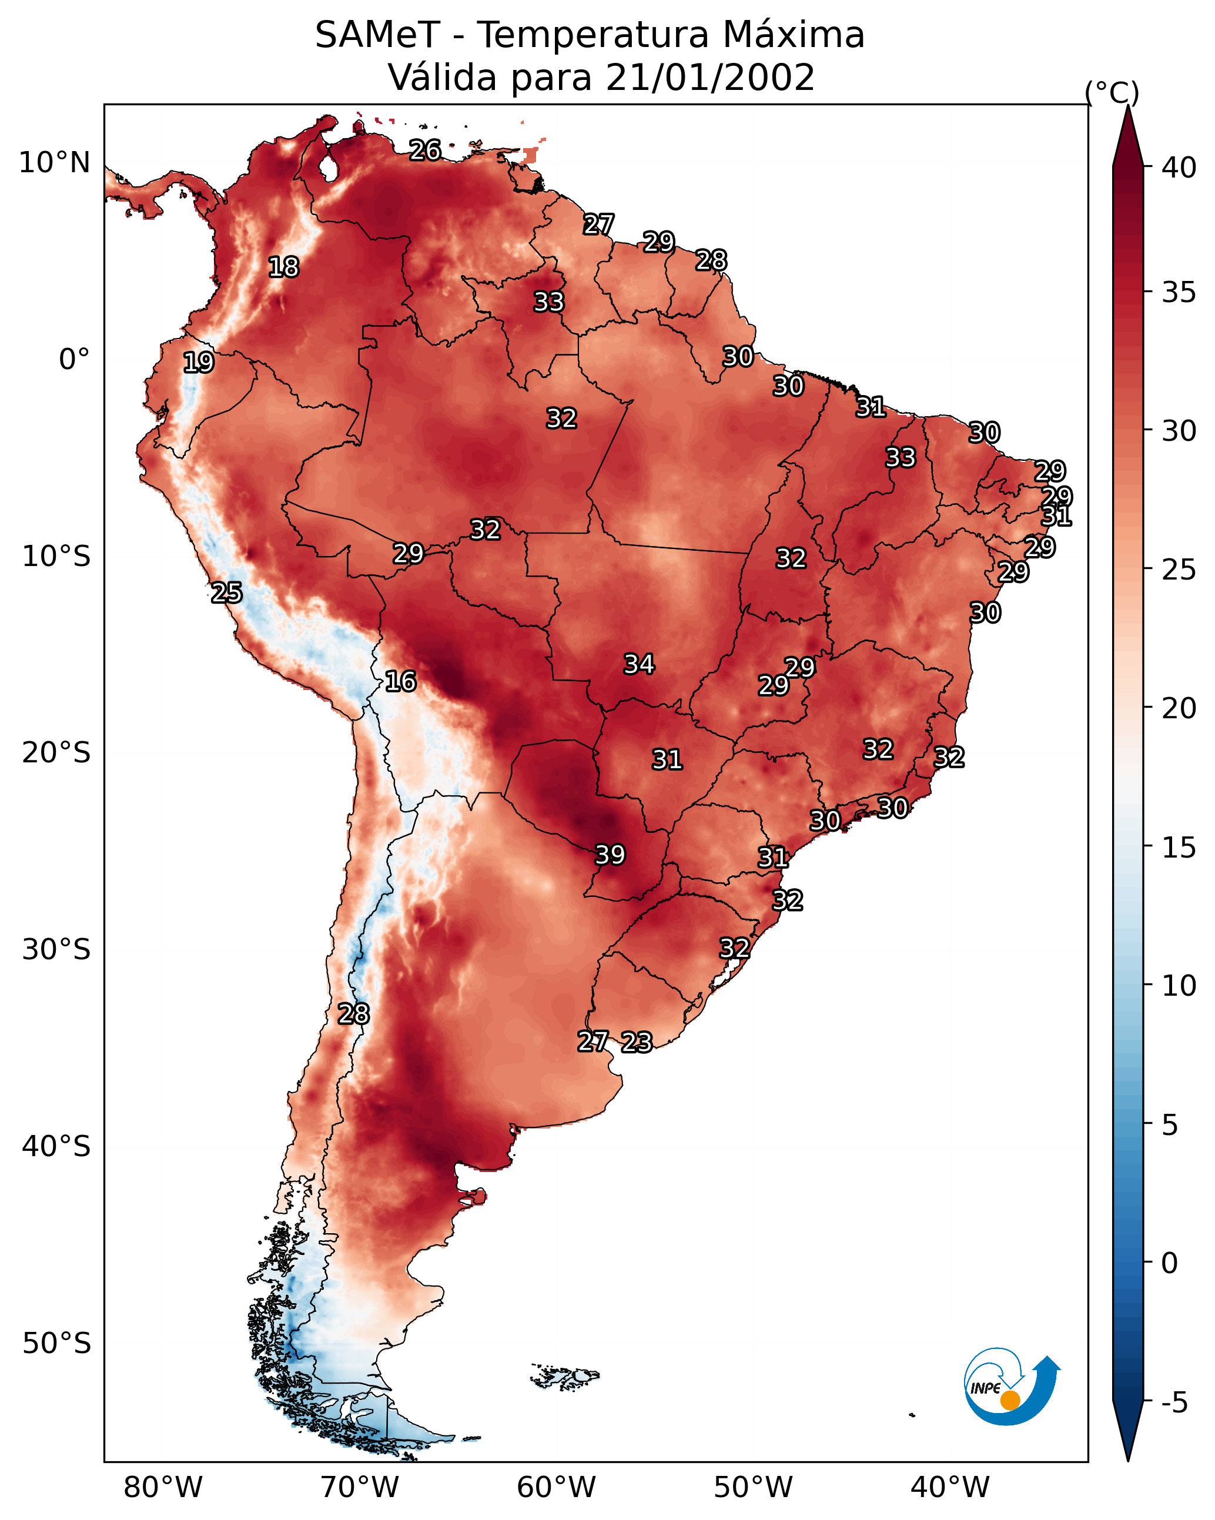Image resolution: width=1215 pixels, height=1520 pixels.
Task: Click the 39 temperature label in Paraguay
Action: click(x=610, y=855)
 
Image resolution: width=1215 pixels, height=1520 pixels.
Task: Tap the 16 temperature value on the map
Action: click(x=400, y=681)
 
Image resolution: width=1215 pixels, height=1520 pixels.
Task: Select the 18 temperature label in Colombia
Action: click(x=283, y=267)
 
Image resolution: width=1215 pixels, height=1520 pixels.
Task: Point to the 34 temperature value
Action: click(x=639, y=664)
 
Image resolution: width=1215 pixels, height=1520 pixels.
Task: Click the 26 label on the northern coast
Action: click(x=425, y=150)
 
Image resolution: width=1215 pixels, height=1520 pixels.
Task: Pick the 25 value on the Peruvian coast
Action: click(x=226, y=593)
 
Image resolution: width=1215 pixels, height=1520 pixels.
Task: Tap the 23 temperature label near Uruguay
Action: click(x=637, y=1042)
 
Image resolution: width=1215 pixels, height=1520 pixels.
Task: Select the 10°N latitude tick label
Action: click(x=54, y=163)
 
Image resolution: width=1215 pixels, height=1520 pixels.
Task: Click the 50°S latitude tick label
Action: click(x=56, y=1344)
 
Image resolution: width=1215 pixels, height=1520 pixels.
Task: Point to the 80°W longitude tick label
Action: click(x=163, y=1488)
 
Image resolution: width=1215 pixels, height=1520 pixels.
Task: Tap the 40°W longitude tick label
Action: click(x=950, y=1488)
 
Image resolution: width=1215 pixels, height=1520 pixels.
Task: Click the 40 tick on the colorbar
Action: click(x=1179, y=168)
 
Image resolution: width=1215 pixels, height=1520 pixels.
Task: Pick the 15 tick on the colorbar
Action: click(x=1179, y=848)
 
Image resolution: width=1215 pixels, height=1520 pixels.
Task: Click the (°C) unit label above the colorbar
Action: click(x=1112, y=92)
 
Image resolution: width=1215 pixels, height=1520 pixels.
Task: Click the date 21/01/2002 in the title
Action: click(x=710, y=78)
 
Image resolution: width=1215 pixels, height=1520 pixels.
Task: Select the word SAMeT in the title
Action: click(x=377, y=35)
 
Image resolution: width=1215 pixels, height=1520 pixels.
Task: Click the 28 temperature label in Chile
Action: click(x=353, y=1014)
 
